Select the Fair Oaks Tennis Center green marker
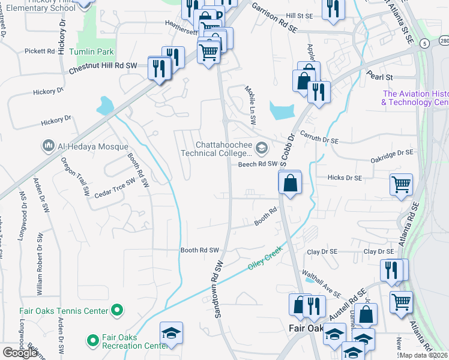tap(118, 310)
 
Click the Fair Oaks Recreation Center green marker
tap(92, 341)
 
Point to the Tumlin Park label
tap(92, 52)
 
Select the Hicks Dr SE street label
tap(345, 178)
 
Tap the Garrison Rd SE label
tap(274, 16)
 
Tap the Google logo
tap(19, 353)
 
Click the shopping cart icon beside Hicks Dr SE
tap(401, 184)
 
